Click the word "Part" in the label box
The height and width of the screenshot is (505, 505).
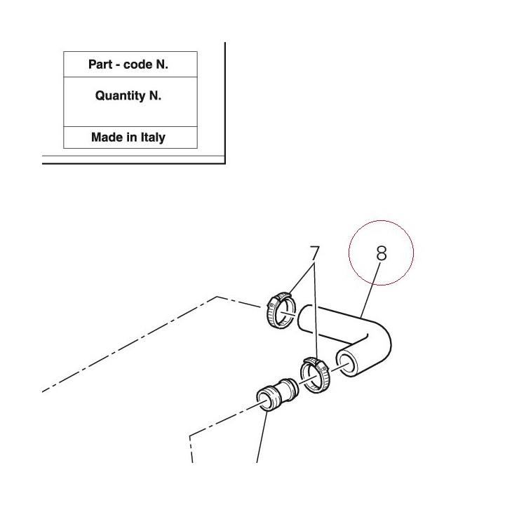(x=100, y=65)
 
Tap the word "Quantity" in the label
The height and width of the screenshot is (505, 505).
(x=121, y=95)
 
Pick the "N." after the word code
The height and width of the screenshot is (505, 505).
(x=162, y=65)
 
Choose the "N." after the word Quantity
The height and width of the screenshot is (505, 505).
(x=155, y=95)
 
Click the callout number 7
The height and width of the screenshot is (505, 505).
(x=315, y=253)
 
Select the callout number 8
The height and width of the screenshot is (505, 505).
(x=382, y=253)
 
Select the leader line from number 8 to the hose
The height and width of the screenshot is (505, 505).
(x=371, y=290)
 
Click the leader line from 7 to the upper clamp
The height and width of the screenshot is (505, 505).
(x=302, y=279)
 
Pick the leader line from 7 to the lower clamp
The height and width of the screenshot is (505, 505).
(x=316, y=311)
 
